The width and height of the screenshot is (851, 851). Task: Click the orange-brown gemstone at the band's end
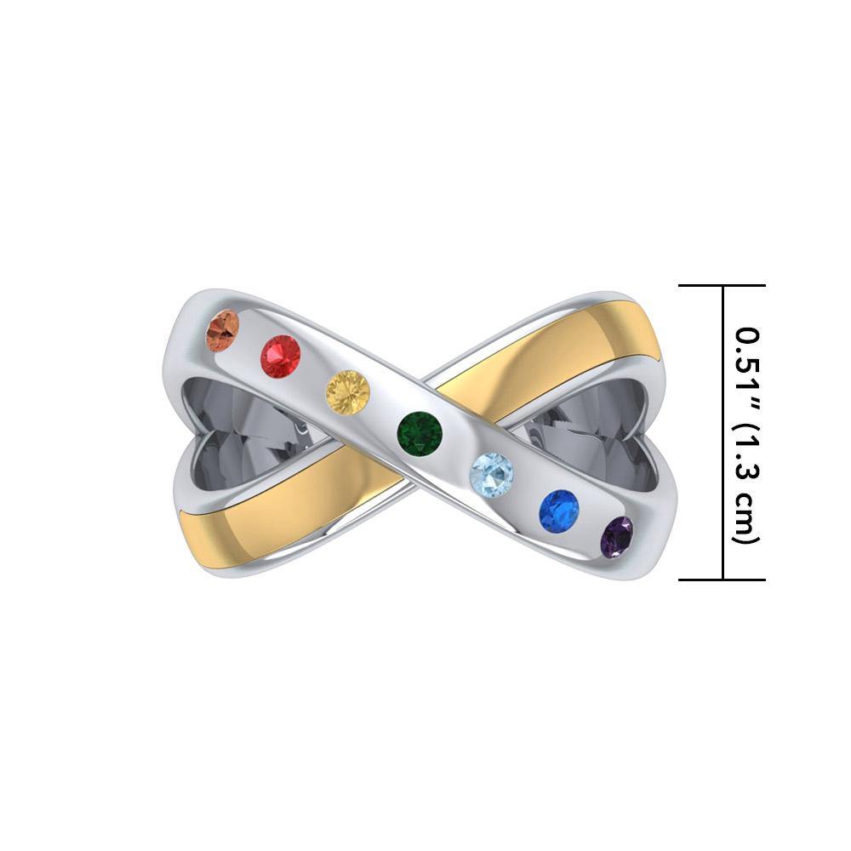[x=224, y=330]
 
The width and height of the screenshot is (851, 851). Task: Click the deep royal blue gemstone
[x=559, y=509]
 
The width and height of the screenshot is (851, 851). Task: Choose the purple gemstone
[x=617, y=535]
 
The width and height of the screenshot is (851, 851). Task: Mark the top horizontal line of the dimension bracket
[x=722, y=286]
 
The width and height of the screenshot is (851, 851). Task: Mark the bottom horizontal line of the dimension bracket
[x=722, y=580]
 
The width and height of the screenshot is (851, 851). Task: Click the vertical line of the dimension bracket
[x=722, y=432]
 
